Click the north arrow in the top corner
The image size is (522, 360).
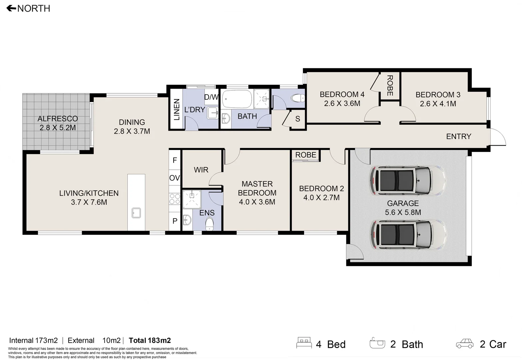(x=11, y=8)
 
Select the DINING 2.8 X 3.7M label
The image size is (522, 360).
(x=132, y=127)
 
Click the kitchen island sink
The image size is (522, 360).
(x=136, y=213)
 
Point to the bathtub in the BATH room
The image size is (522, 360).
(x=236, y=99)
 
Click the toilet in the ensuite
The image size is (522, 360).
(x=209, y=224)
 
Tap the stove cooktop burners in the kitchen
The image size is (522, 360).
(x=175, y=199)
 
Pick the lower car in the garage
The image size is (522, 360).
(x=407, y=235)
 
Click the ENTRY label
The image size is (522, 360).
(x=458, y=136)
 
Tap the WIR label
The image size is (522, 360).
(x=201, y=170)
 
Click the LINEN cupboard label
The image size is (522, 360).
(x=177, y=109)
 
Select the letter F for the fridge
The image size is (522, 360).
(x=175, y=160)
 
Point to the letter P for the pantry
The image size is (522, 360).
(x=175, y=221)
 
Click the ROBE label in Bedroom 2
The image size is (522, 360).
(x=305, y=155)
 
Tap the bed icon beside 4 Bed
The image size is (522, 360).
(x=304, y=343)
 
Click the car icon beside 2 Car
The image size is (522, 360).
(x=465, y=344)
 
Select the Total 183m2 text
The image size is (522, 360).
(x=150, y=340)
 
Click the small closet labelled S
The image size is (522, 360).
(x=297, y=119)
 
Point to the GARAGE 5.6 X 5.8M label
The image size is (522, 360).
(x=403, y=208)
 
